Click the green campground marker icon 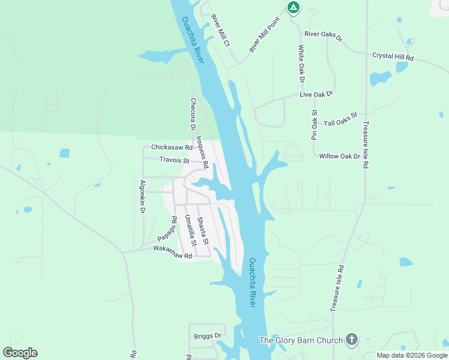(x=293, y=8)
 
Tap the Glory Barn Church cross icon (x=352, y=340)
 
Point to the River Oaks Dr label (x=323, y=36)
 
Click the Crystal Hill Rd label (x=393, y=56)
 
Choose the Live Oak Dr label (x=316, y=94)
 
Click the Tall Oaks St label (x=340, y=119)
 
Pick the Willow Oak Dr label (x=339, y=156)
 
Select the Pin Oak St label (x=314, y=125)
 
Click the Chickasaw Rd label (x=172, y=147)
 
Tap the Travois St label (x=174, y=160)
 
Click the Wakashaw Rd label (x=172, y=252)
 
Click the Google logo (x=20, y=353)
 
